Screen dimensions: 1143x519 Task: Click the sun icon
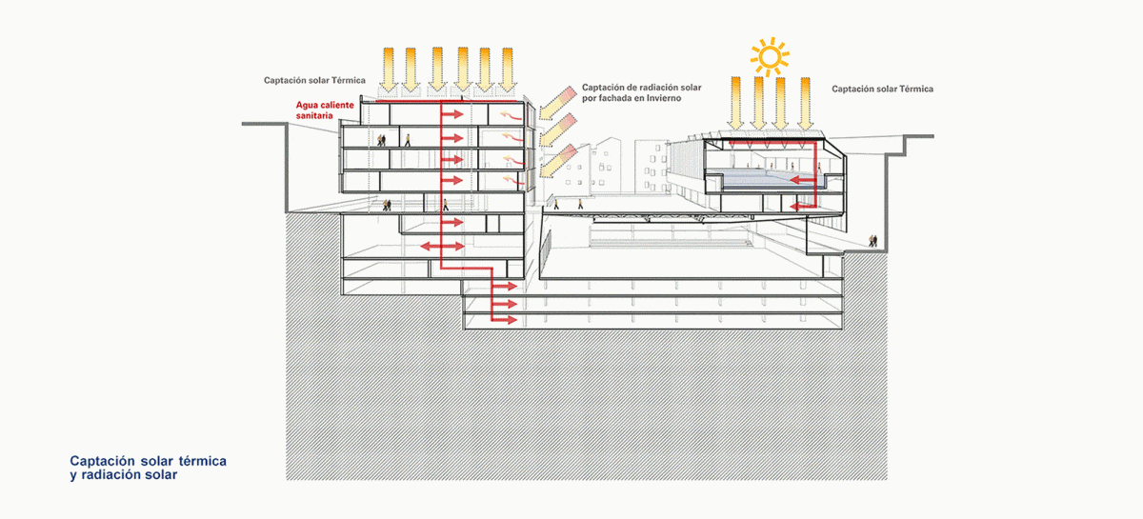(x=770, y=56)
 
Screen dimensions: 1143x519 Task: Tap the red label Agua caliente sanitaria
(x=325, y=110)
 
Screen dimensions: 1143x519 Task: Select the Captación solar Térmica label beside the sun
(x=882, y=89)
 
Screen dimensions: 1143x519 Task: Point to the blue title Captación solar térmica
(x=148, y=461)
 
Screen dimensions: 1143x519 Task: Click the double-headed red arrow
(x=442, y=247)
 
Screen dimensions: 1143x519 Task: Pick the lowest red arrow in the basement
(x=505, y=320)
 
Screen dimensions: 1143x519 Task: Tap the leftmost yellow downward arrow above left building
(x=389, y=70)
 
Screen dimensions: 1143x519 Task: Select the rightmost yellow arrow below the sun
(x=805, y=103)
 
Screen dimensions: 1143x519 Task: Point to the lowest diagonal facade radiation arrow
(x=559, y=161)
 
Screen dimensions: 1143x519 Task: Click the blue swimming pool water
(x=765, y=177)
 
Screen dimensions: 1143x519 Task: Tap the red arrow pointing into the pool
(x=803, y=180)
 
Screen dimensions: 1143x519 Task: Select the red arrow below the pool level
(x=803, y=206)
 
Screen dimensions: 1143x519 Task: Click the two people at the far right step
(x=873, y=240)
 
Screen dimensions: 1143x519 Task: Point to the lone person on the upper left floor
(x=408, y=140)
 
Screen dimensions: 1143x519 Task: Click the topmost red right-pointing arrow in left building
(x=452, y=114)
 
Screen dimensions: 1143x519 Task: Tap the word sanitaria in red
(x=314, y=116)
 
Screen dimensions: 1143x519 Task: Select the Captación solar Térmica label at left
(x=314, y=80)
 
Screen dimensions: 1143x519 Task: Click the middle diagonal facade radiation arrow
(x=559, y=130)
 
